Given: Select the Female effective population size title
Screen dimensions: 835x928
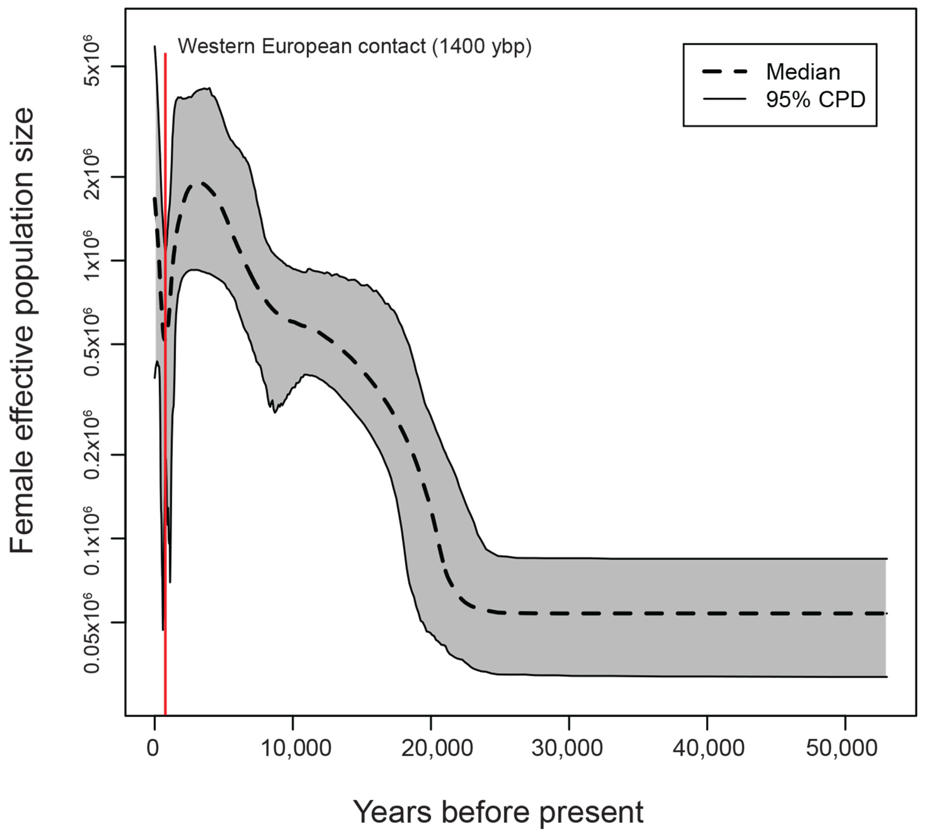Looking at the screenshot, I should coord(22,330).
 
